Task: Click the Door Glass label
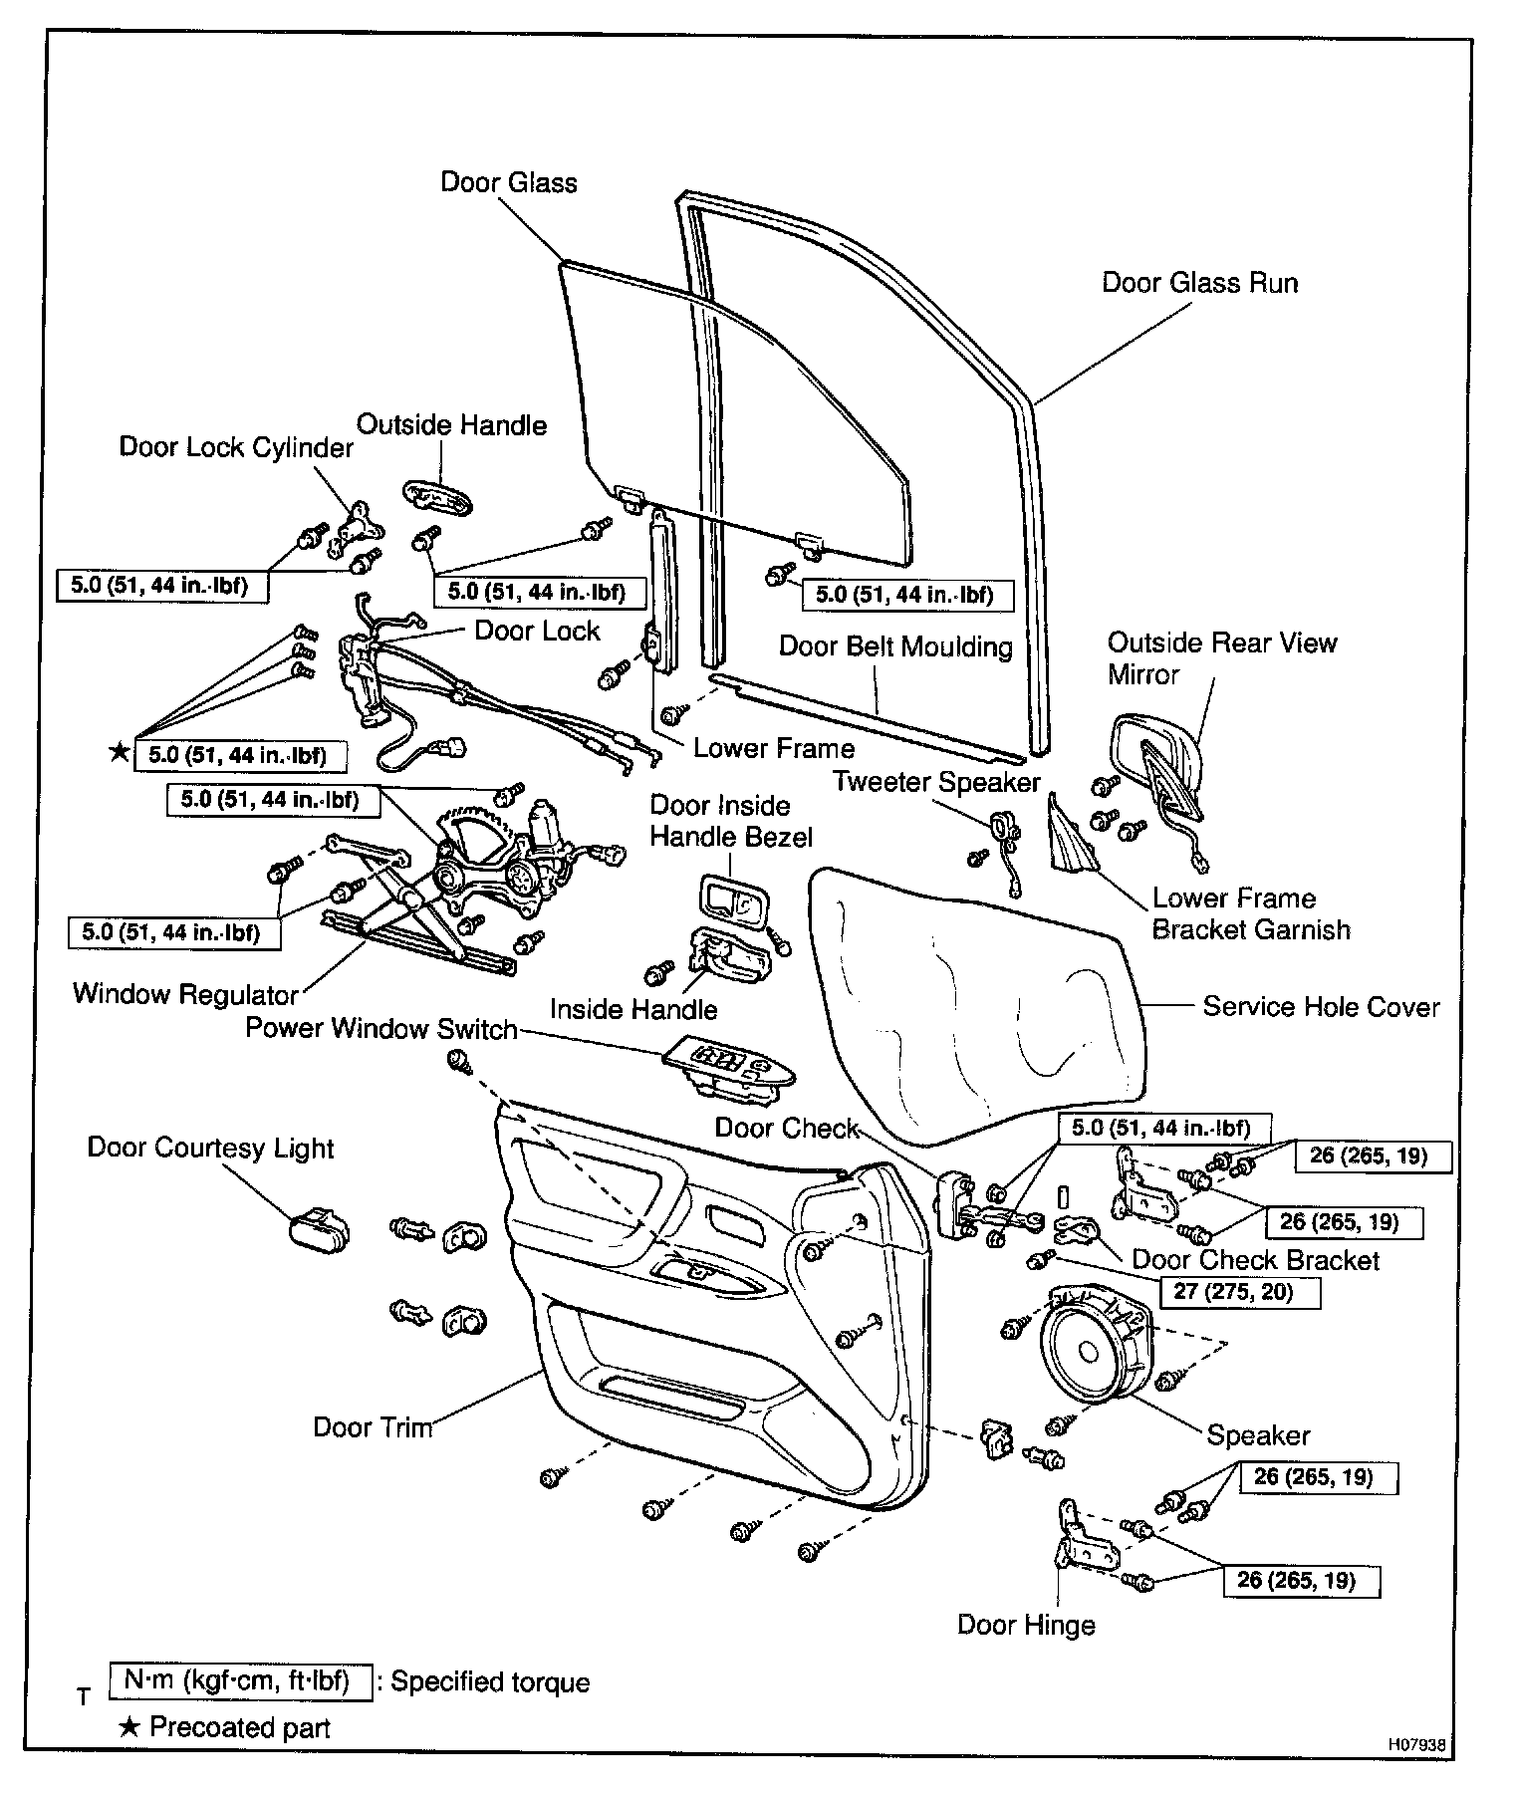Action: (509, 182)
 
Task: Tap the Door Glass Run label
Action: (1199, 283)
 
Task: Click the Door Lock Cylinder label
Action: (236, 447)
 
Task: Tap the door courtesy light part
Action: (319, 1228)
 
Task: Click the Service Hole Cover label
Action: (1321, 1007)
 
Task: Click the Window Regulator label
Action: (185, 994)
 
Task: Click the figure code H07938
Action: (1417, 1745)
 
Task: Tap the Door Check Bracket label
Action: (1256, 1260)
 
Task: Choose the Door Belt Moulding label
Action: (895, 646)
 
